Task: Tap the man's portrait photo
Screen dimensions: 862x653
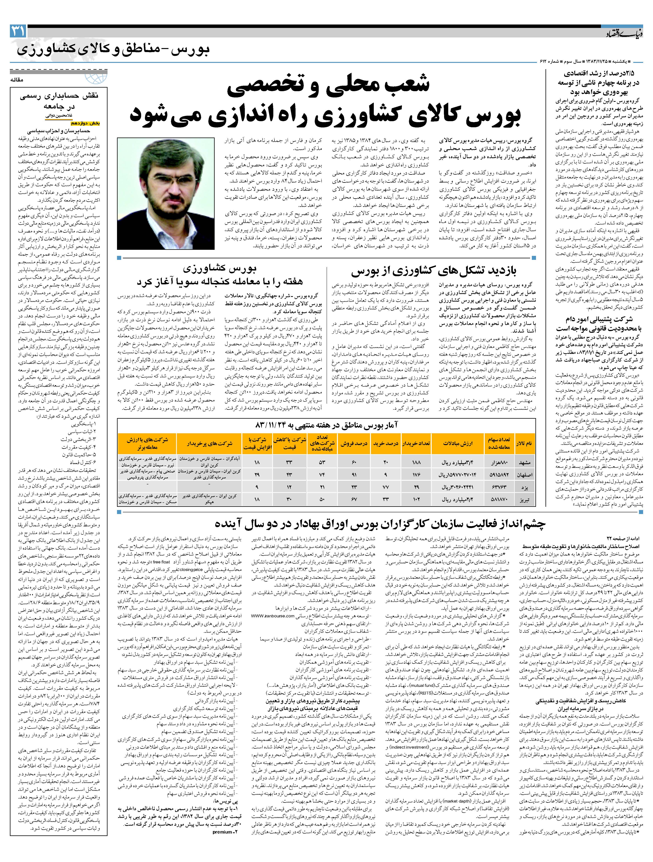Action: [x=166, y=193]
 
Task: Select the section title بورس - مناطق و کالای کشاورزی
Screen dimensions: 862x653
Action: [x=113, y=51]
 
